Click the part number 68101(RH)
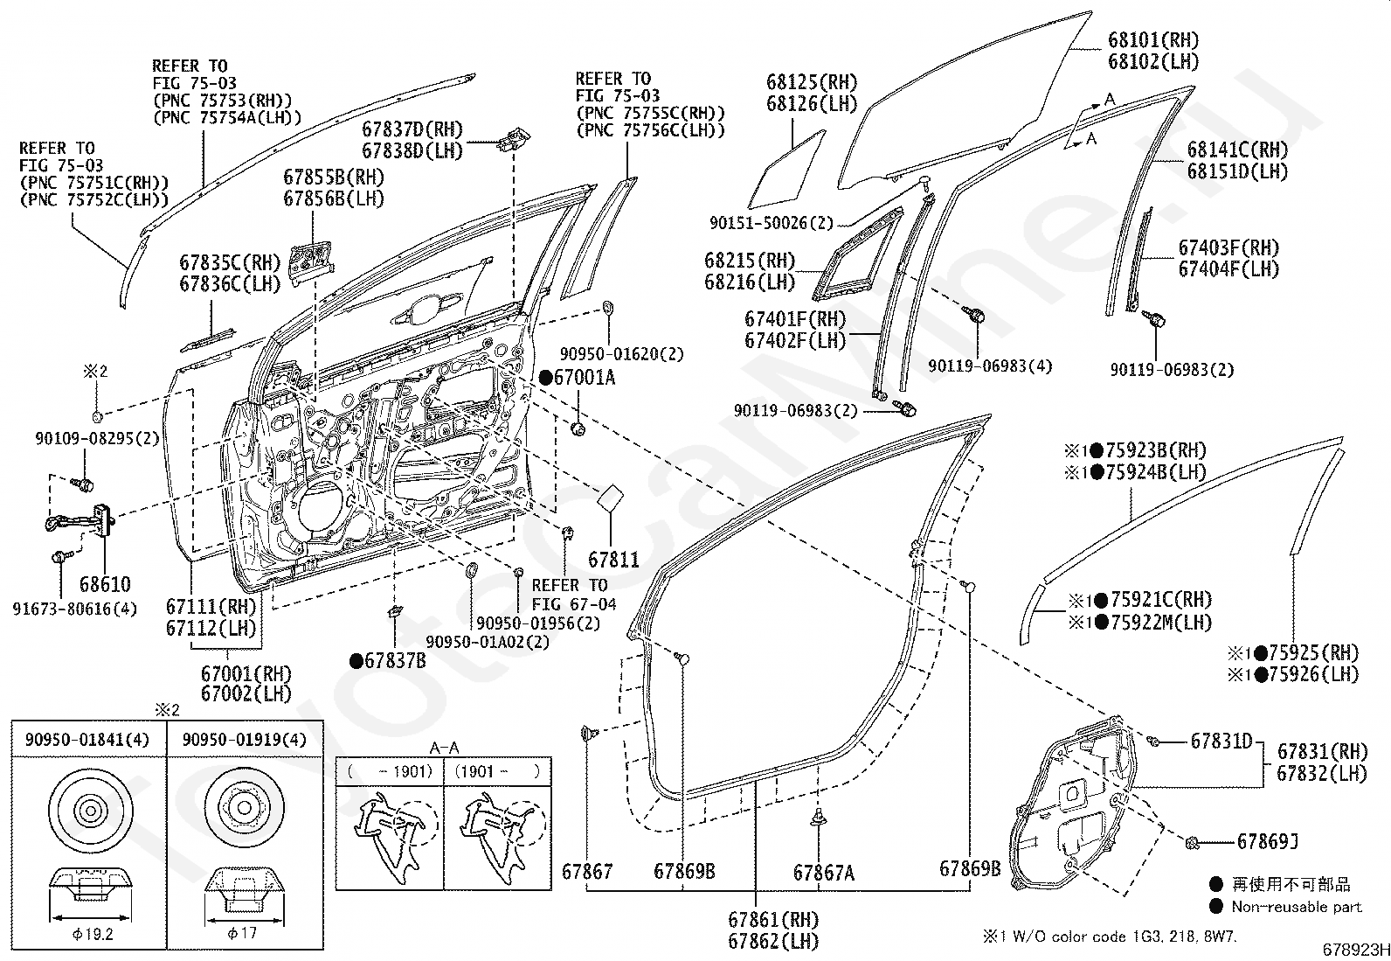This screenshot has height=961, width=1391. tap(1153, 40)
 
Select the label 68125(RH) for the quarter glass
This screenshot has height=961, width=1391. tap(812, 82)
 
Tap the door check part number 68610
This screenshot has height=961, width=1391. tap(105, 584)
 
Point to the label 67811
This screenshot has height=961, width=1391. tap(613, 560)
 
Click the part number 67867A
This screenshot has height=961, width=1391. tap(823, 874)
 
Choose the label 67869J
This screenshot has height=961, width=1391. tap(1268, 842)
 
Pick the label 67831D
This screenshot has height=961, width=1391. tap(1221, 741)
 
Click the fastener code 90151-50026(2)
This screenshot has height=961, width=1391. tap(772, 222)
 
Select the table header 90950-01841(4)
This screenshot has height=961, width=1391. tap(87, 740)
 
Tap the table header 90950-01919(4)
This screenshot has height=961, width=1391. tap(244, 740)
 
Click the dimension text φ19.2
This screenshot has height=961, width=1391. tap(93, 934)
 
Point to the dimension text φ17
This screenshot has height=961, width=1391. tap(241, 933)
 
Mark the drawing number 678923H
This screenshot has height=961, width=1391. tap(1355, 950)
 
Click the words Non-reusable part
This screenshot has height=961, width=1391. tap(1297, 907)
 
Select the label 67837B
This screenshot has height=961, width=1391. tap(395, 660)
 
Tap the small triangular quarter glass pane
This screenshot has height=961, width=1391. tap(787, 169)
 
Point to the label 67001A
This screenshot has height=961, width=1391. tap(584, 377)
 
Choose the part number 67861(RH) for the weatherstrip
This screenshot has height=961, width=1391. tap(773, 919)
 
